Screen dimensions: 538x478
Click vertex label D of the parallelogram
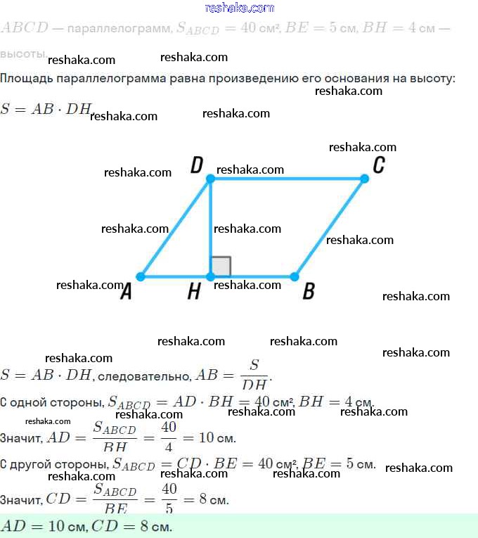tap(197, 165)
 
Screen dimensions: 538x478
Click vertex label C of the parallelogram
tap(378, 165)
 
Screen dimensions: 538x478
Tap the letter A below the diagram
tap(126, 291)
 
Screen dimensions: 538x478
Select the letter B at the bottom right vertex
tap(308, 291)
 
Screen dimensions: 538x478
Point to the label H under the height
tap(194, 292)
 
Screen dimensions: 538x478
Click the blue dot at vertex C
tap(364, 179)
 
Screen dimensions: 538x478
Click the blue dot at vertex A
tap(140, 276)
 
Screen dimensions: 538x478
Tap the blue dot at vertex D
tap(209, 179)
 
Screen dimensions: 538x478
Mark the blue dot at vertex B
tap(295, 276)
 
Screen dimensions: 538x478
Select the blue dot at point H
tap(209, 276)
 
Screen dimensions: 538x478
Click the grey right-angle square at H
tap(221, 267)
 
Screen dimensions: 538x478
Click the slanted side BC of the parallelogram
tap(330, 228)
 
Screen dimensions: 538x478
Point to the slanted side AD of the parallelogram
tap(174, 228)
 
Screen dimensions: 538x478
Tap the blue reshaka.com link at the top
tap(239, 8)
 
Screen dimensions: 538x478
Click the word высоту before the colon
tap(430, 77)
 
